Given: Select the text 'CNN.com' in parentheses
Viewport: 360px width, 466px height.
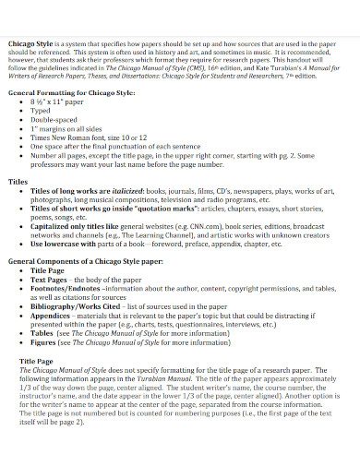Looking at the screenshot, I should click(179, 227).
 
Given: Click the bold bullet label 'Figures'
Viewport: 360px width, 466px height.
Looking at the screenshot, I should click(44, 342).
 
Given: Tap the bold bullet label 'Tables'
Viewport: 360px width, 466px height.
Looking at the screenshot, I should click(43, 333).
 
